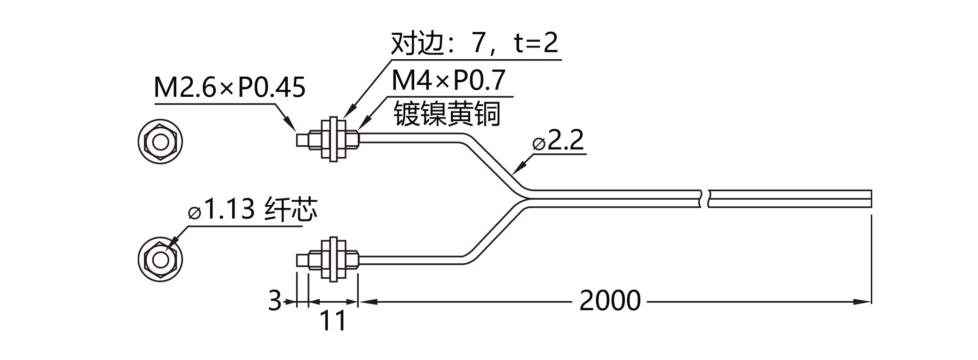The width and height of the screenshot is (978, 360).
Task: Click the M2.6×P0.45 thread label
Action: (x=230, y=87)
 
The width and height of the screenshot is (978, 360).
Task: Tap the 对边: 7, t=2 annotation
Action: (x=474, y=43)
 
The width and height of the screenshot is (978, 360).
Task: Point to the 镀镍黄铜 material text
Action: (x=447, y=114)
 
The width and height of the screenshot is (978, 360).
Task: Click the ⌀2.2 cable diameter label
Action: (x=558, y=140)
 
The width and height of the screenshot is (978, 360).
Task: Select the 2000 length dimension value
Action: (x=610, y=301)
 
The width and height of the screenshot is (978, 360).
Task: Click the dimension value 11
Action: (x=333, y=321)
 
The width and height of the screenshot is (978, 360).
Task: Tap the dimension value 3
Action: (x=275, y=301)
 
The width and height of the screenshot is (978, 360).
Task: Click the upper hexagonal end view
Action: (x=160, y=141)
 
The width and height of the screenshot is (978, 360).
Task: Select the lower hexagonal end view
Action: (x=160, y=259)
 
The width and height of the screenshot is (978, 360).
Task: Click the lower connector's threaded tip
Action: (x=303, y=260)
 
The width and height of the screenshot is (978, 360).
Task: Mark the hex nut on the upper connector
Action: (x=333, y=140)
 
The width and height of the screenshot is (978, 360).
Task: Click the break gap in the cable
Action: (x=704, y=198)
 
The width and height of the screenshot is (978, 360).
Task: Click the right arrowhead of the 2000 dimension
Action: (x=863, y=302)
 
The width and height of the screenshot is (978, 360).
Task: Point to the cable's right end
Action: (x=871, y=198)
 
